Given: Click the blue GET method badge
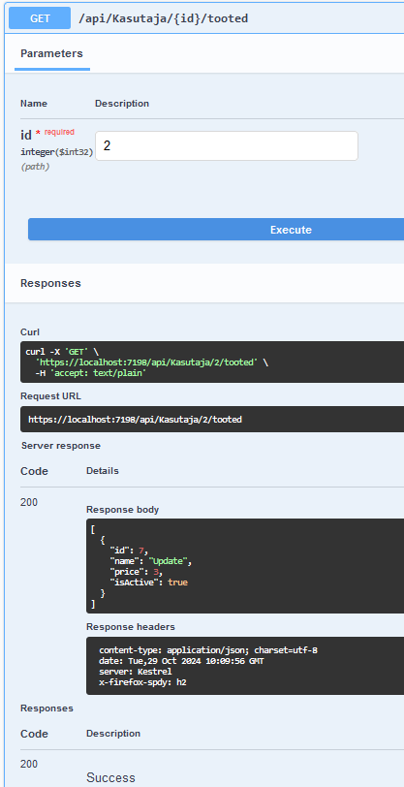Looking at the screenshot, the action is [x=40, y=18].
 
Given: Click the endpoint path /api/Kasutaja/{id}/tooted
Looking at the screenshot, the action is [x=163, y=18].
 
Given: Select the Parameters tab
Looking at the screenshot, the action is [x=51, y=53].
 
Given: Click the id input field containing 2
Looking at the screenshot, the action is [x=227, y=146].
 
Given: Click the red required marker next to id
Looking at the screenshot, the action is [x=59, y=132].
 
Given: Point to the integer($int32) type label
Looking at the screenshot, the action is [x=57, y=151].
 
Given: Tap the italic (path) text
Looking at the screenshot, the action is [x=35, y=167].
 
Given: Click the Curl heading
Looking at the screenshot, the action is [x=30, y=332].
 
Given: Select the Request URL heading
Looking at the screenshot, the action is [x=50, y=396].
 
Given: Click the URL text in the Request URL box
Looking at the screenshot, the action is [x=135, y=419].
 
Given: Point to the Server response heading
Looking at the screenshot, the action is [x=61, y=446].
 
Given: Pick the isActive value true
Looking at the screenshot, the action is [x=177, y=582].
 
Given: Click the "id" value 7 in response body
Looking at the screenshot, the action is [x=141, y=551].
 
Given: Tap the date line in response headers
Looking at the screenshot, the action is [x=181, y=661].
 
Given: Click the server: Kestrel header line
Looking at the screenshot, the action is [x=135, y=672].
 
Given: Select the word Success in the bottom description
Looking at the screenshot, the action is [x=110, y=777].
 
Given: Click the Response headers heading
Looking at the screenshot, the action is [x=131, y=627].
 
